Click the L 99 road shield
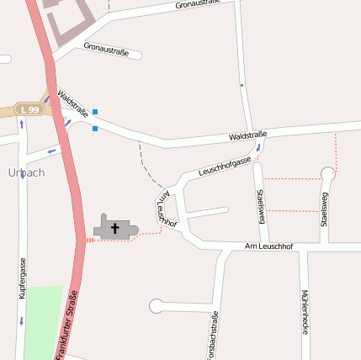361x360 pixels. point(31,109)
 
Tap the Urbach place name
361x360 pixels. point(26,172)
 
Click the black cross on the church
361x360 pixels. point(115,227)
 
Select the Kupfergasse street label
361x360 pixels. point(24,279)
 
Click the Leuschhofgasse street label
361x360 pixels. point(225,166)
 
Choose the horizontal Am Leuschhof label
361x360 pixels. point(268,246)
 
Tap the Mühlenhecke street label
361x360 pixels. point(304,313)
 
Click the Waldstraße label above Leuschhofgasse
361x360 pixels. point(247,135)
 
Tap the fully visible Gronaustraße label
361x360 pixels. point(106,50)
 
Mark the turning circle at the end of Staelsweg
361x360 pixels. point(328,174)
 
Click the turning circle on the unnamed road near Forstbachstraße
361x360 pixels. point(156,306)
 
